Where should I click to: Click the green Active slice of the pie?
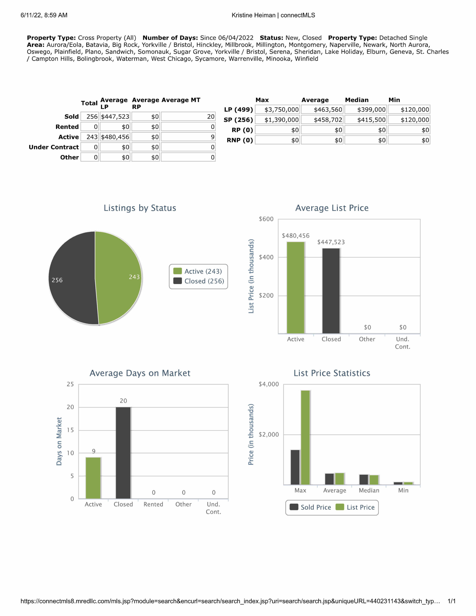[x=118, y=278]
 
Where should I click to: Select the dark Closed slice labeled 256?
[x=72, y=278]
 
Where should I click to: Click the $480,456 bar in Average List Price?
[x=296, y=288]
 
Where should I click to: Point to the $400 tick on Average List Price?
[x=266, y=257]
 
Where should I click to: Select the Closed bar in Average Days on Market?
[x=123, y=453]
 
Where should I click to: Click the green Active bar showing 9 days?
[x=93, y=478]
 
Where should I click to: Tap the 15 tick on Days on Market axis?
[x=70, y=430]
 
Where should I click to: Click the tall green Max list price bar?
[x=305, y=437]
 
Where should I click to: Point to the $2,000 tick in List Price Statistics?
[x=268, y=435]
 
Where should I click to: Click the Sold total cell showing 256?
[x=90, y=117]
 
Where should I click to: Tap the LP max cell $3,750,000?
[x=277, y=110]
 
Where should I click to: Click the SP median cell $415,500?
[x=366, y=120]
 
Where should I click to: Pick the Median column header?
[x=357, y=100]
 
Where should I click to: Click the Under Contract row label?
[x=54, y=147]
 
